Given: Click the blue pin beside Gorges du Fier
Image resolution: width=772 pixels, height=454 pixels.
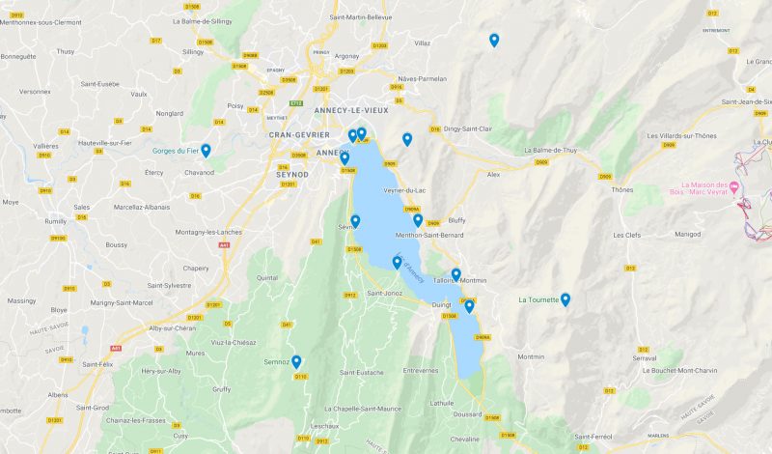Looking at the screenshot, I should pyautogui.click(x=206, y=151).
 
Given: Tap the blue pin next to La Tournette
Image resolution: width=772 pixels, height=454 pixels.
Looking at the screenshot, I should pyautogui.click(x=565, y=299).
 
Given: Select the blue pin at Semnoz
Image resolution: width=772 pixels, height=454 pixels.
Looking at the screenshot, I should pyautogui.click(x=296, y=362).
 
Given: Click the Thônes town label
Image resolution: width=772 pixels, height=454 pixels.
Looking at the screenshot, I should pyautogui.click(x=622, y=189).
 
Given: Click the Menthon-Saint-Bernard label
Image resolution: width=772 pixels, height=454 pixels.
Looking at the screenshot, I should pyautogui.click(x=430, y=234).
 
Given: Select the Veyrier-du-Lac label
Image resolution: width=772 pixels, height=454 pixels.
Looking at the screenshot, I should pyautogui.click(x=405, y=189).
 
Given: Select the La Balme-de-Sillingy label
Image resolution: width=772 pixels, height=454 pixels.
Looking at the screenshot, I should pyautogui.click(x=202, y=20).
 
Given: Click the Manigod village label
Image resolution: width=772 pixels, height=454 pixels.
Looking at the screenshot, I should pyautogui.click(x=687, y=234).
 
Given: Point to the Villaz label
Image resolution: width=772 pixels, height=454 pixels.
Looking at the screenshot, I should pyautogui.click(x=423, y=43).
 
